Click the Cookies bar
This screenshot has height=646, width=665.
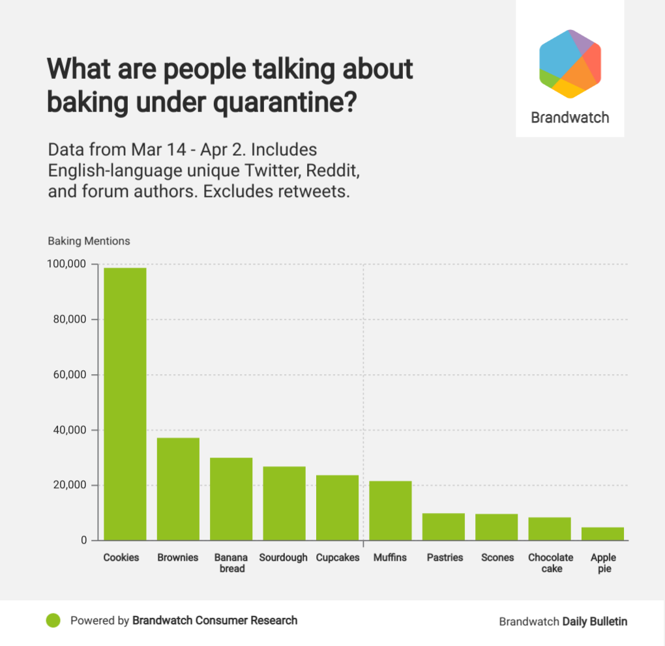tap(125, 404)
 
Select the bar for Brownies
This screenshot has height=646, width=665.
tap(178, 489)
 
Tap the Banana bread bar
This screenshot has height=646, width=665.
tap(231, 499)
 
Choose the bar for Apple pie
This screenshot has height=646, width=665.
tap(602, 534)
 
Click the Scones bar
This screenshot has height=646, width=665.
tap(496, 527)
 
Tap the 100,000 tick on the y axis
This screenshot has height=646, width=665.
tap(67, 264)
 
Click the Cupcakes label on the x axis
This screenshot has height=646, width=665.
tap(338, 558)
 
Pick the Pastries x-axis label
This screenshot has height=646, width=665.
tap(445, 558)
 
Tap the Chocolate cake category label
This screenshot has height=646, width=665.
tap(550, 563)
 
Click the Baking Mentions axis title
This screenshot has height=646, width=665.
tap(89, 241)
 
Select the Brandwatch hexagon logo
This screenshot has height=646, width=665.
tap(569, 64)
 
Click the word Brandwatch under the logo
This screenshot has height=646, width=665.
tap(570, 118)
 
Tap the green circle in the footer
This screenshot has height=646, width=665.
tap(53, 621)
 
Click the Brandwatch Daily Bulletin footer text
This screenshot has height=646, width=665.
tap(563, 621)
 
